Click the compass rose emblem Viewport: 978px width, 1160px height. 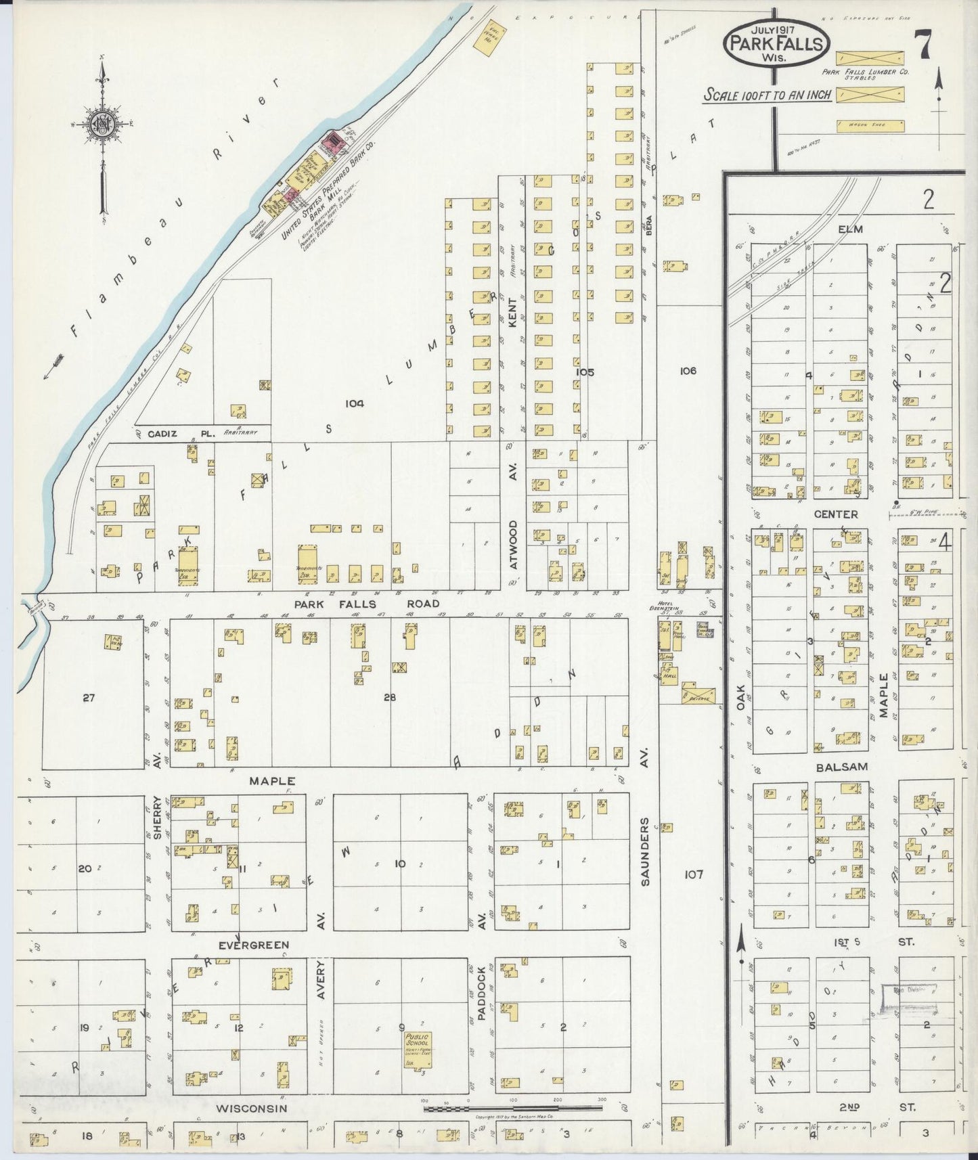point(102,126)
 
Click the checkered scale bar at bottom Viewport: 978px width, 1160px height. point(512,1109)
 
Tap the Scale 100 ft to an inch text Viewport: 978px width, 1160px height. point(768,95)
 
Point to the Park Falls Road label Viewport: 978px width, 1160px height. point(366,603)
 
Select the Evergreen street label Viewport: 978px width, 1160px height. point(254,944)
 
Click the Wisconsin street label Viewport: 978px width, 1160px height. point(252,1108)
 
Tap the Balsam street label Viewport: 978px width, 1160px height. point(841,767)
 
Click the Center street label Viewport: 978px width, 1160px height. point(835,514)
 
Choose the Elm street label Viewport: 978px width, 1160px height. point(850,229)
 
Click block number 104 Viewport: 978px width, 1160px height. point(354,403)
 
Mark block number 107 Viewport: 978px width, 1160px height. point(693,874)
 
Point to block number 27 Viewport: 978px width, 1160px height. point(89,698)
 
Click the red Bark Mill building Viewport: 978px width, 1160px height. point(332,142)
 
